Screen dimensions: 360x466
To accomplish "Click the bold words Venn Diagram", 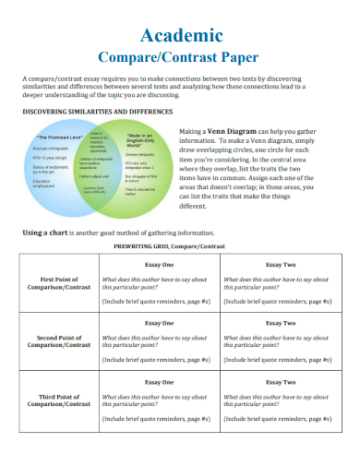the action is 238,132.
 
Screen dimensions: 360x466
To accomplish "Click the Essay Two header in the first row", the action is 280,264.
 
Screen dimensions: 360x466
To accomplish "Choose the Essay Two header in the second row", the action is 280,323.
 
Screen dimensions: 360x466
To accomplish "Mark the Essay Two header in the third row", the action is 280,381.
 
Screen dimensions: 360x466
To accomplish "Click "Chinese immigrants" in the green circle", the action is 138,155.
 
